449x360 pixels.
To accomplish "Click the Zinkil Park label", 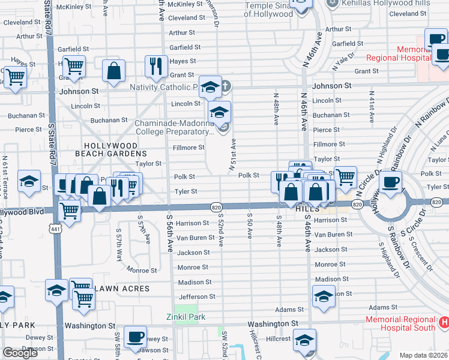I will coord(185,317).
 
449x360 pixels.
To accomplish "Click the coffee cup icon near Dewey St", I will coord(135,336).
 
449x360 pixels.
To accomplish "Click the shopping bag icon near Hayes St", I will coord(113,71).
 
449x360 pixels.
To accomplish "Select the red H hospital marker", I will coord(444,322).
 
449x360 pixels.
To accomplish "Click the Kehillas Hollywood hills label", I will coord(386,3).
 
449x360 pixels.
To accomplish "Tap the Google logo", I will coord(20,353).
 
